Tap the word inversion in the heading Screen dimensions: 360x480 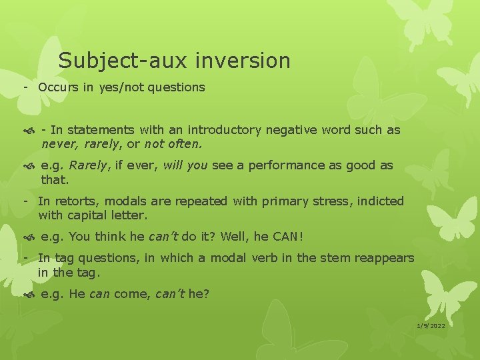tap(243, 61)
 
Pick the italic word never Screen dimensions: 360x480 tap(55, 143)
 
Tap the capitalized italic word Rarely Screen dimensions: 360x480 tap(89, 165)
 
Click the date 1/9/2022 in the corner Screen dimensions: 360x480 tap(431, 325)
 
